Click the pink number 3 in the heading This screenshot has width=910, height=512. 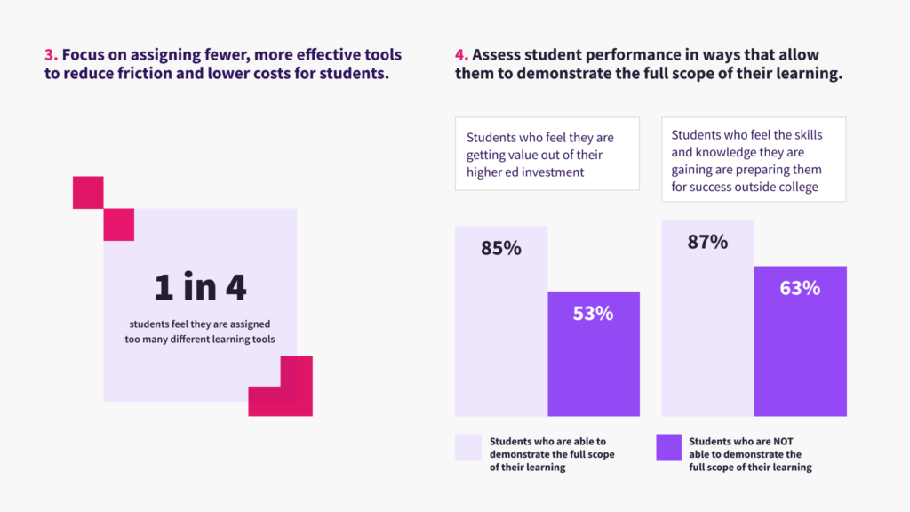point(50,55)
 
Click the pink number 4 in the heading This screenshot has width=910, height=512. point(460,55)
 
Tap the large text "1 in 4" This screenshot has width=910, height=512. point(200,287)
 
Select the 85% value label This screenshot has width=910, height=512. point(500,249)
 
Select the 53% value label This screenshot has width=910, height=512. point(593,313)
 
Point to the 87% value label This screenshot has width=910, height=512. point(707,242)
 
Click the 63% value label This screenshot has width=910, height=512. point(800,288)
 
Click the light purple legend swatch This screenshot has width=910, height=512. point(467,447)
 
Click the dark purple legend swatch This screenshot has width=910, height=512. point(668,447)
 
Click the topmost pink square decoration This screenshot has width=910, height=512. point(88,192)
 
